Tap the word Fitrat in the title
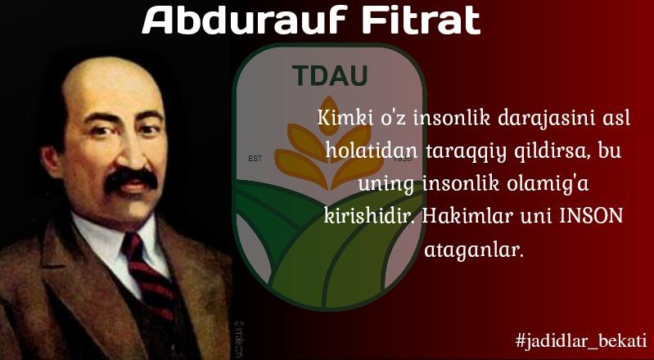click(422, 20)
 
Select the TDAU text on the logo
click(330, 75)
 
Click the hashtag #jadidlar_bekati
click(581, 340)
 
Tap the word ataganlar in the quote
click(473, 250)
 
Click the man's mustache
click(131, 180)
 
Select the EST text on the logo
click(255, 159)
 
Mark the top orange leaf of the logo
click(330, 115)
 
